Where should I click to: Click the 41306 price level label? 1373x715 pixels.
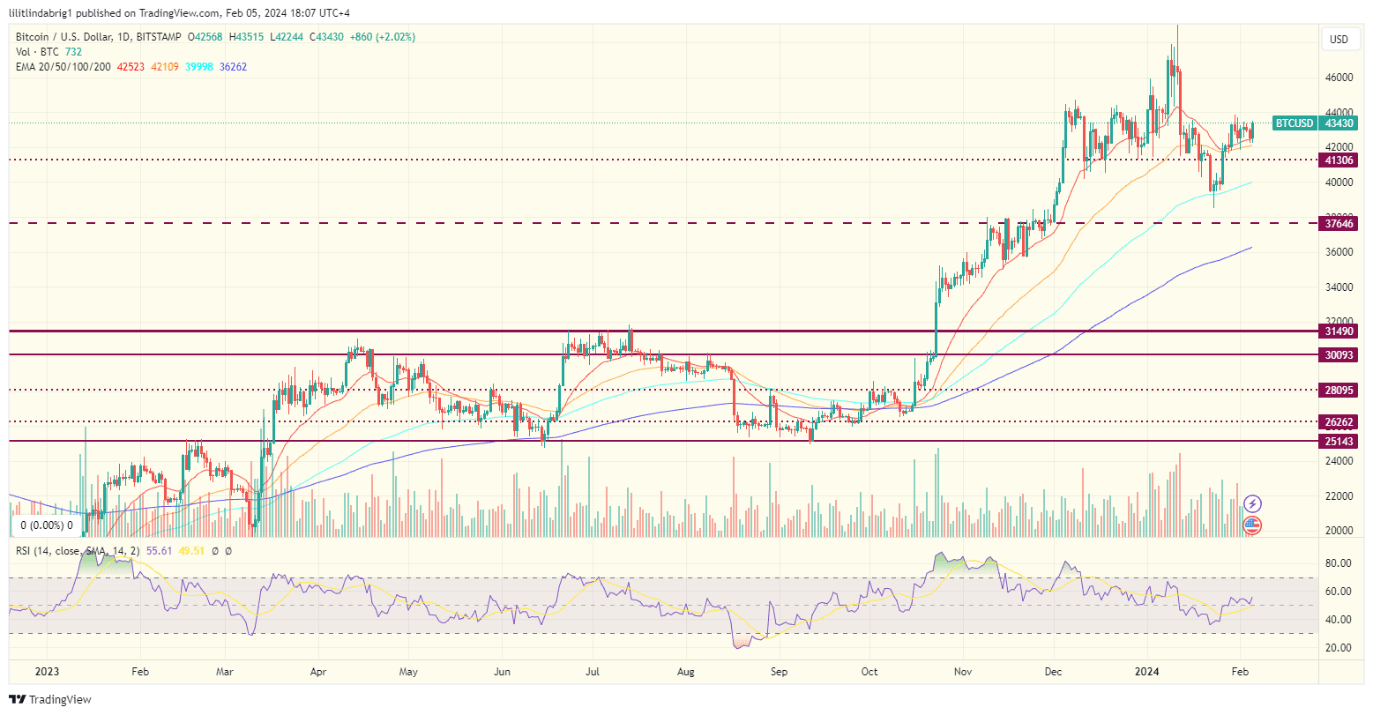pos(1339,160)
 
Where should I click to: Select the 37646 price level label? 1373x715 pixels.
pos(1339,224)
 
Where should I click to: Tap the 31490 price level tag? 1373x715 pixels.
pos(1339,331)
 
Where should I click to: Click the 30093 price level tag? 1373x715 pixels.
pos(1339,354)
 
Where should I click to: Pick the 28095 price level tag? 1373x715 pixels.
pos(1339,390)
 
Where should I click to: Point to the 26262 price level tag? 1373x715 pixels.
pos(1339,421)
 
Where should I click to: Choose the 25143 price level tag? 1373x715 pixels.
pos(1339,440)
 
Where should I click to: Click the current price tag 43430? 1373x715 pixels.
pos(1340,123)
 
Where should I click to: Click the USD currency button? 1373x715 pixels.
pos(1339,40)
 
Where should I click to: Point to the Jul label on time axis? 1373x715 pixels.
pos(593,671)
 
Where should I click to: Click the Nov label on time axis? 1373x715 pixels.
pos(962,671)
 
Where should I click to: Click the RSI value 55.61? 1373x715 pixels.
pos(160,550)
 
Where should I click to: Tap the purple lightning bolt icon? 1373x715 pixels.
pos(1252,504)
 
